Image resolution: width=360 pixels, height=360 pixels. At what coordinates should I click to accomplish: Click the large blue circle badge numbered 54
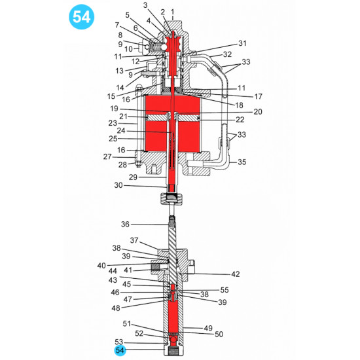pyautogui.click(x=82, y=18)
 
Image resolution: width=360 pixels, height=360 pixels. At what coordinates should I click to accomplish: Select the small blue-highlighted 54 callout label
pyautogui.click(x=119, y=351)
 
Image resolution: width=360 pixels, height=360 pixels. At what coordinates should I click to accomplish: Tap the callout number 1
pyautogui.click(x=172, y=12)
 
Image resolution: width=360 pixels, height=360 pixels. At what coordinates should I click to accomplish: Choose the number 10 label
pyautogui.click(x=129, y=49)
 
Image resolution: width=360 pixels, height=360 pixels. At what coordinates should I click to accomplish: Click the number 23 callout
pyautogui.click(x=112, y=122)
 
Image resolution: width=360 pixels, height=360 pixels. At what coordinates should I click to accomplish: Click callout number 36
pyautogui.click(x=125, y=225)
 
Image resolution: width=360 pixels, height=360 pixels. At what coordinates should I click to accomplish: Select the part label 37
pyautogui.click(x=134, y=240)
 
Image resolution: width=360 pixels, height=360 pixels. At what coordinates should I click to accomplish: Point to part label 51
pyautogui.click(x=127, y=323)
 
